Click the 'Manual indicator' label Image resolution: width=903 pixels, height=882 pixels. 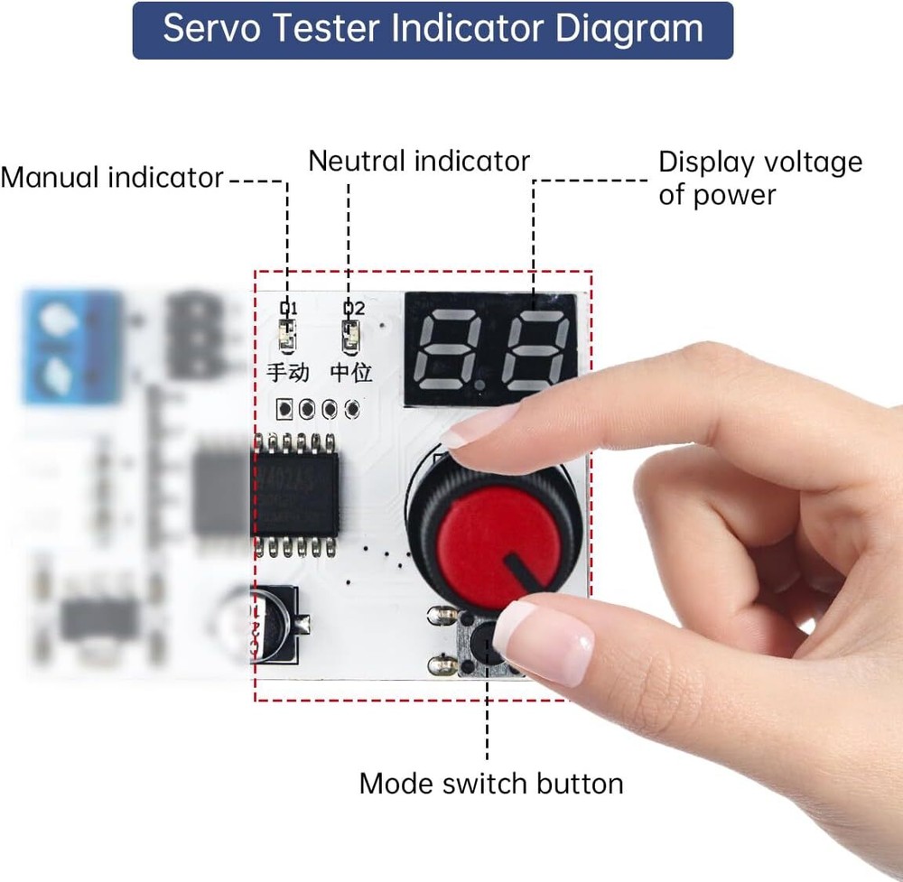coord(111,178)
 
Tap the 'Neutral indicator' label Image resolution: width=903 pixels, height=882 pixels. coord(418,162)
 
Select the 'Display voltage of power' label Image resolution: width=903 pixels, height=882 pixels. coord(759,178)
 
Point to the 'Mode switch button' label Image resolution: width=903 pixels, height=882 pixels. coord(490,783)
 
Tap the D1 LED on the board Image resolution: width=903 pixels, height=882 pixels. coord(287,337)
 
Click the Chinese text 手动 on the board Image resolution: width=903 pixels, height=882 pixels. coord(288,372)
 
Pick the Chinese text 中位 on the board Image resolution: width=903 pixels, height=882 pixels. coord(350,372)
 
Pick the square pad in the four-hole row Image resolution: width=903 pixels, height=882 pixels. coord(285,409)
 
